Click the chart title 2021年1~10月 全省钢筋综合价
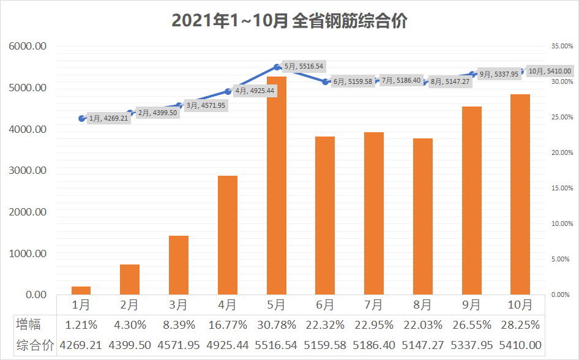289,21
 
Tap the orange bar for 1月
81,290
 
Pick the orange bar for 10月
520,194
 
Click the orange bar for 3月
179,264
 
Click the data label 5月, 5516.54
304,66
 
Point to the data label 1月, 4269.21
108,119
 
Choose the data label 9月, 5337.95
499,74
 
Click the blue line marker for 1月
81,118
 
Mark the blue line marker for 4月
228,91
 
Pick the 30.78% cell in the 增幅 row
276,324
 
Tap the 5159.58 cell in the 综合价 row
325,345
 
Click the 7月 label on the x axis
374,304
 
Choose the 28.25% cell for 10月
520,324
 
